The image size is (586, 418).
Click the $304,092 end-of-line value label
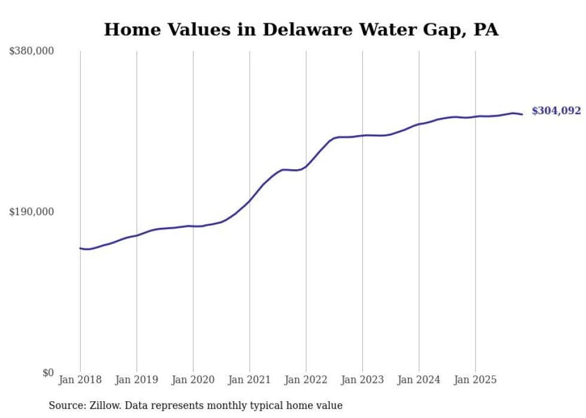pyautogui.click(x=556, y=111)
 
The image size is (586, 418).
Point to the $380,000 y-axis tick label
pyautogui.click(x=32, y=51)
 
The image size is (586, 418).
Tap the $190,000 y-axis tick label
pyautogui.click(x=32, y=212)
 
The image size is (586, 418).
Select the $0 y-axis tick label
pyautogui.click(x=48, y=373)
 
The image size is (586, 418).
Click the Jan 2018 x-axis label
pyautogui.click(x=80, y=380)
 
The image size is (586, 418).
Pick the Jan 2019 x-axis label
pyautogui.click(x=137, y=380)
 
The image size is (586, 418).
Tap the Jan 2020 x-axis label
pyautogui.click(x=193, y=380)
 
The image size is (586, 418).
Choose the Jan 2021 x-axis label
pyautogui.click(x=250, y=380)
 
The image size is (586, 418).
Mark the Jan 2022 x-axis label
pyautogui.click(x=306, y=380)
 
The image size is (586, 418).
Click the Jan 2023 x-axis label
pyautogui.click(x=362, y=380)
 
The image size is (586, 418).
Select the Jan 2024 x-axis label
pyautogui.click(x=419, y=380)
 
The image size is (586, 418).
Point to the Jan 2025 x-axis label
pyautogui.click(x=475, y=380)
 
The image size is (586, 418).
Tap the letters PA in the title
pyautogui.click(x=486, y=29)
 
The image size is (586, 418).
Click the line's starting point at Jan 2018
pyautogui.click(x=80, y=248)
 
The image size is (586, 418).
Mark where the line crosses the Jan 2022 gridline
pyautogui.click(x=306, y=166)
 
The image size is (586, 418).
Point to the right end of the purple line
pyautogui.click(x=522, y=114)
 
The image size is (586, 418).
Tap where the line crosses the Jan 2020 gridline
pyautogui.click(x=193, y=226)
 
